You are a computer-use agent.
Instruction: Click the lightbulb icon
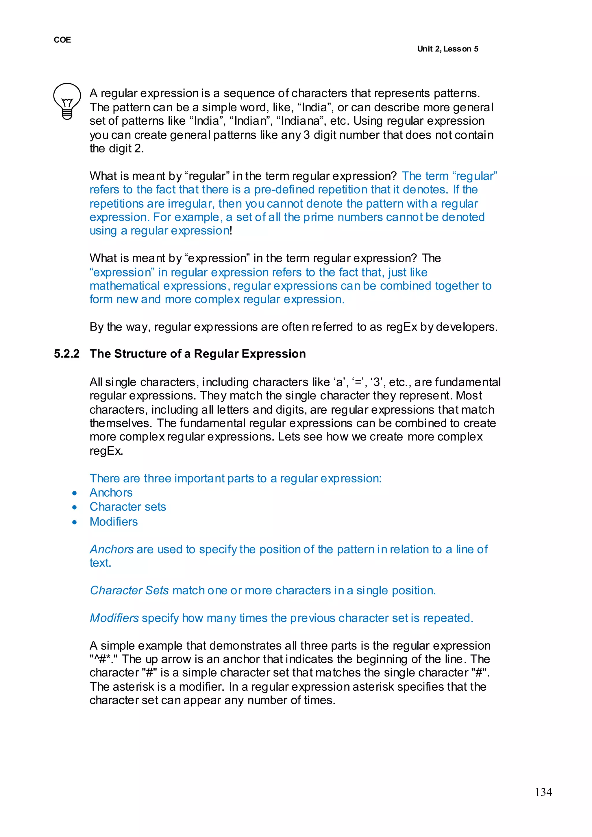(67, 101)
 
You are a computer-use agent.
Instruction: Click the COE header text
(62, 40)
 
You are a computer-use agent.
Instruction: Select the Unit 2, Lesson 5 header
(448, 49)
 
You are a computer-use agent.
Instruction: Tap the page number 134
(543, 792)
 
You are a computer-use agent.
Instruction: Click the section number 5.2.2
(67, 353)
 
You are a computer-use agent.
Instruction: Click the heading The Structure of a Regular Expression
(198, 353)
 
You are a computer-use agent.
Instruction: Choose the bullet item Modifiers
(114, 521)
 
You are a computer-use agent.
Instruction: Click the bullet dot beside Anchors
(75, 493)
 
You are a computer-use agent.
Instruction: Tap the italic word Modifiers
(114, 618)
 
